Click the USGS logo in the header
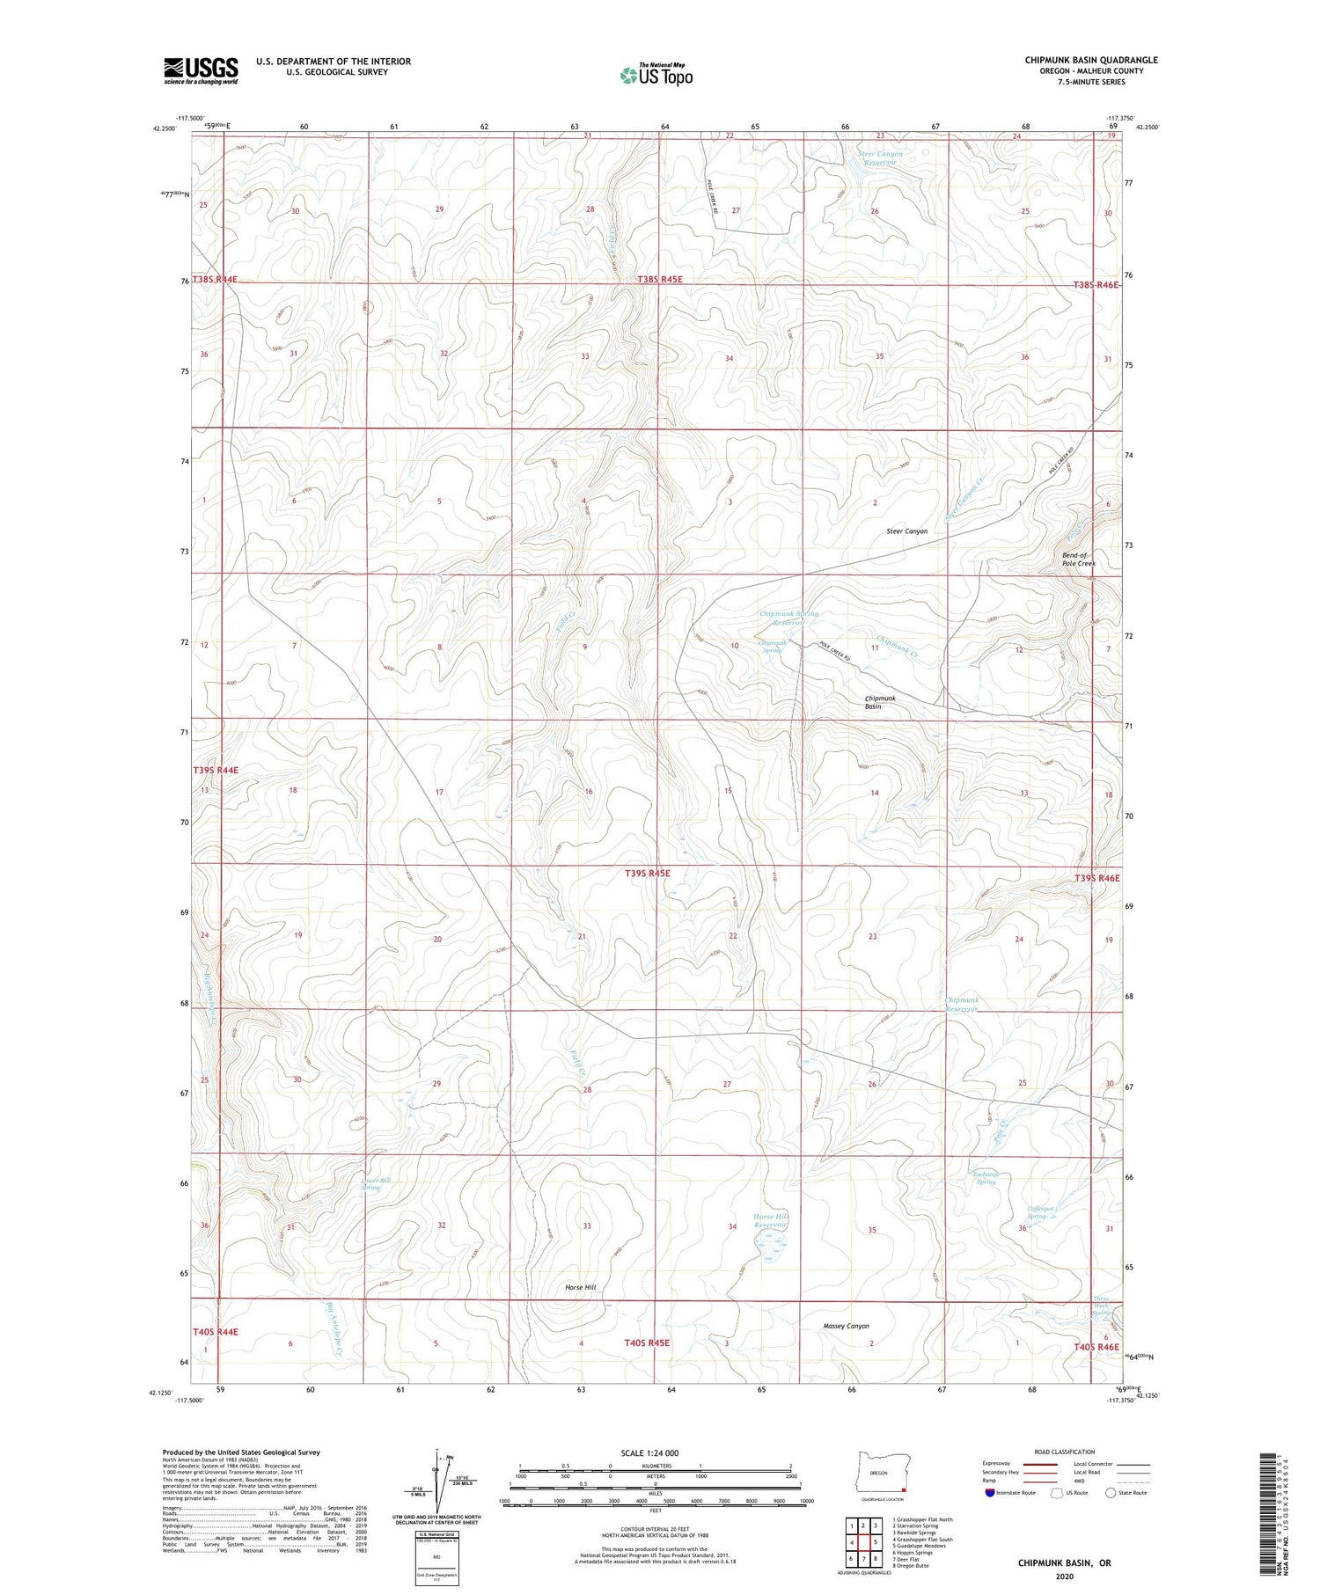click(201, 70)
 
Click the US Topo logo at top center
click(656, 76)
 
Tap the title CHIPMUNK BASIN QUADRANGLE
click(1090, 60)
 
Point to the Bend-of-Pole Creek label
click(1079, 559)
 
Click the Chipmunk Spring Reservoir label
click(788, 618)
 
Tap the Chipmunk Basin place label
click(879, 702)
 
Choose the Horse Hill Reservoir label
click(772, 1221)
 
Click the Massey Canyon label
click(846, 1326)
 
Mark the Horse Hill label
click(580, 1287)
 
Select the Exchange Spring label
click(986, 1177)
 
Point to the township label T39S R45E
click(647, 874)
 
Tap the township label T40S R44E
click(216, 1332)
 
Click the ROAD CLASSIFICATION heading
click(1065, 1452)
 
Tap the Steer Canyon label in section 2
click(906, 531)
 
